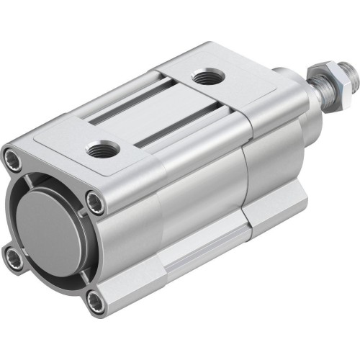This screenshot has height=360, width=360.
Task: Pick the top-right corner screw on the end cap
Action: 96,200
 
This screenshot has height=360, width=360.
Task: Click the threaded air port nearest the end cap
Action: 101,150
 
